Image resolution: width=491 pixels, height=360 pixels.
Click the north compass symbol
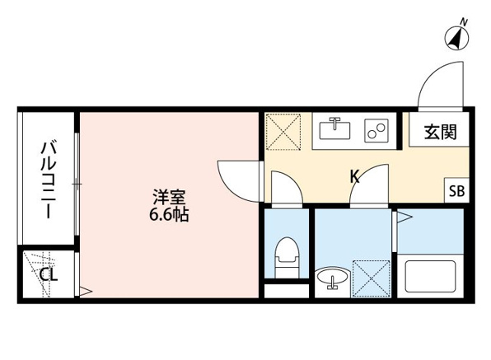pyautogui.click(x=457, y=38)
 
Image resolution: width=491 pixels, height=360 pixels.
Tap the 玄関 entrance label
pyautogui.click(x=441, y=132)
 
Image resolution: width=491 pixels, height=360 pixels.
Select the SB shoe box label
pyautogui.click(x=457, y=190)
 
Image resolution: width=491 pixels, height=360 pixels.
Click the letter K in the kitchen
pyautogui.click(x=354, y=176)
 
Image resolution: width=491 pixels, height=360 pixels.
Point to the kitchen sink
pyautogui.click(x=334, y=129)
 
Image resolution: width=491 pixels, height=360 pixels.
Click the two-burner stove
pyautogui.click(x=376, y=130)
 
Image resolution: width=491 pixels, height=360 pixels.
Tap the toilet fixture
pyautogui.click(x=287, y=257)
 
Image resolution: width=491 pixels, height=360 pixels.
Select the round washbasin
pyautogui.click(x=332, y=277)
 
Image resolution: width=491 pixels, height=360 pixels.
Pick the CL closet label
pyautogui.click(x=49, y=274)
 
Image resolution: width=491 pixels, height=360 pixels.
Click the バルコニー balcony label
pyautogui.click(x=49, y=180)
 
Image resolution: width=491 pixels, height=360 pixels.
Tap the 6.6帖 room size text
pyautogui.click(x=168, y=215)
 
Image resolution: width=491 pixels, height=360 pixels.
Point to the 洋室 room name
pyautogui.click(x=169, y=197)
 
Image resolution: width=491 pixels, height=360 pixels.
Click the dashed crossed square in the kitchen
pyautogui.click(x=283, y=132)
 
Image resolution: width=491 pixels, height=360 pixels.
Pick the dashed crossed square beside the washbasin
pyautogui.click(x=372, y=278)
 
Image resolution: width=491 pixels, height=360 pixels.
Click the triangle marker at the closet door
pyautogui.click(x=86, y=292)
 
